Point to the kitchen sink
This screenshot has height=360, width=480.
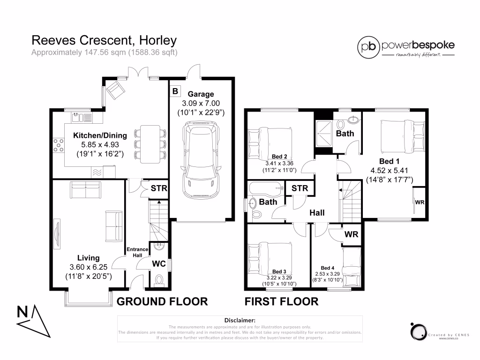tap(81, 116)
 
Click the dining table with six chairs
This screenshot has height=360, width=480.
tap(150, 142)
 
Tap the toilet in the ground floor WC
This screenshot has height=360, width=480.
tap(158, 280)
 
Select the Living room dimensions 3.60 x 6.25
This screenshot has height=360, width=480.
tap(89, 267)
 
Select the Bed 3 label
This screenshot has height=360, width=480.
tap(279, 271)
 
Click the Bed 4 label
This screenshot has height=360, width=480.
tap(328, 269)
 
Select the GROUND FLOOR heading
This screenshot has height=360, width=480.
tap(162, 301)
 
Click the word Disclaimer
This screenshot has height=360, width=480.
tap(240, 320)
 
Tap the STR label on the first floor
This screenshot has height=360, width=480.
tap(300, 188)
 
